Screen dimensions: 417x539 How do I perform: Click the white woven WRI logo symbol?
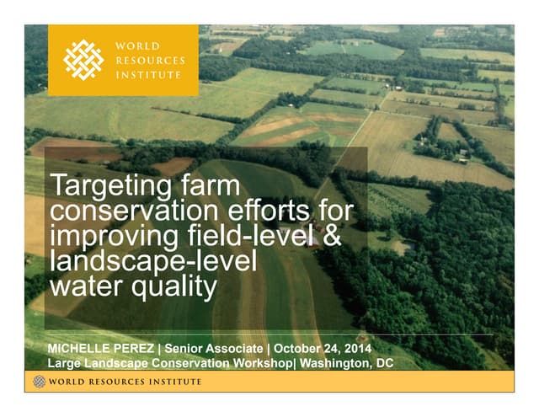84,59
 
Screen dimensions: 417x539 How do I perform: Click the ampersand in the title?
332,236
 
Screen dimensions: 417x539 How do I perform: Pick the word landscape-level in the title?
152,261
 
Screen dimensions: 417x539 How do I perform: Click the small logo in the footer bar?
39,382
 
